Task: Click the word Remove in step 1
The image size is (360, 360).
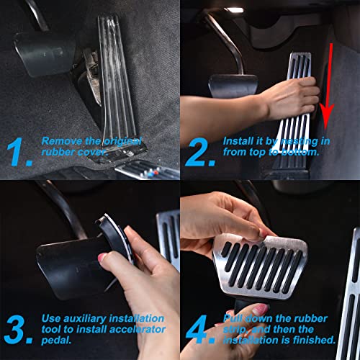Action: point(58,141)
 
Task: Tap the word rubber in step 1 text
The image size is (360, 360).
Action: point(55,152)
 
